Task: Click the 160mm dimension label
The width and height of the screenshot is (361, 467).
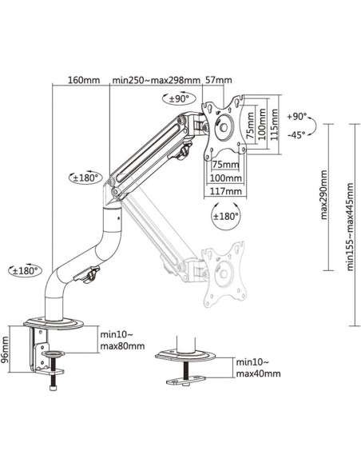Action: (85, 80)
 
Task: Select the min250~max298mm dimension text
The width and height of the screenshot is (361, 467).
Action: (157, 80)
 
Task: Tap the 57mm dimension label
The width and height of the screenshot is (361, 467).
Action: (218, 80)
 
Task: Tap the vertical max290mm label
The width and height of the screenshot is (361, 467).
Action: (323, 195)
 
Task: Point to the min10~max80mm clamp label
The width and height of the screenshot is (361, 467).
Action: (122, 341)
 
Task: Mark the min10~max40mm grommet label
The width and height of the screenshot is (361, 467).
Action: (258, 368)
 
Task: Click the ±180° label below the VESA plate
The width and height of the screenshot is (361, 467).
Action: (227, 216)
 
